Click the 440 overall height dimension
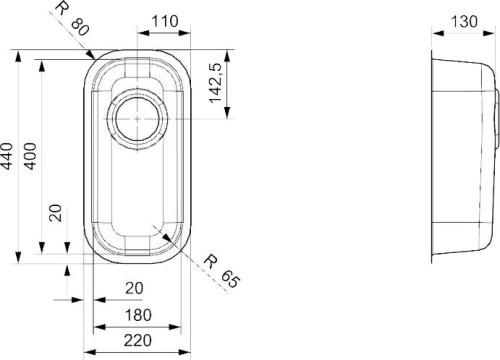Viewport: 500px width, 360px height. (x=7, y=156)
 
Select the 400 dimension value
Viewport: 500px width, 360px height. (x=31, y=156)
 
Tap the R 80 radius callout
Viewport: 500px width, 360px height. (x=72, y=19)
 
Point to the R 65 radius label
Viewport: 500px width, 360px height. (x=222, y=271)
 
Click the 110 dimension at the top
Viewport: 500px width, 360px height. (x=165, y=22)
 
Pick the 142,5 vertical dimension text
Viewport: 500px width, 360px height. (x=215, y=83)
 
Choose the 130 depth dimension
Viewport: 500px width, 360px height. (x=464, y=22)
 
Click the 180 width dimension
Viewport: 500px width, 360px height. (x=138, y=315)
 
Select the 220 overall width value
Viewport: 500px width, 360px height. (x=138, y=340)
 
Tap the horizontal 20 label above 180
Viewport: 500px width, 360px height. (x=134, y=288)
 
